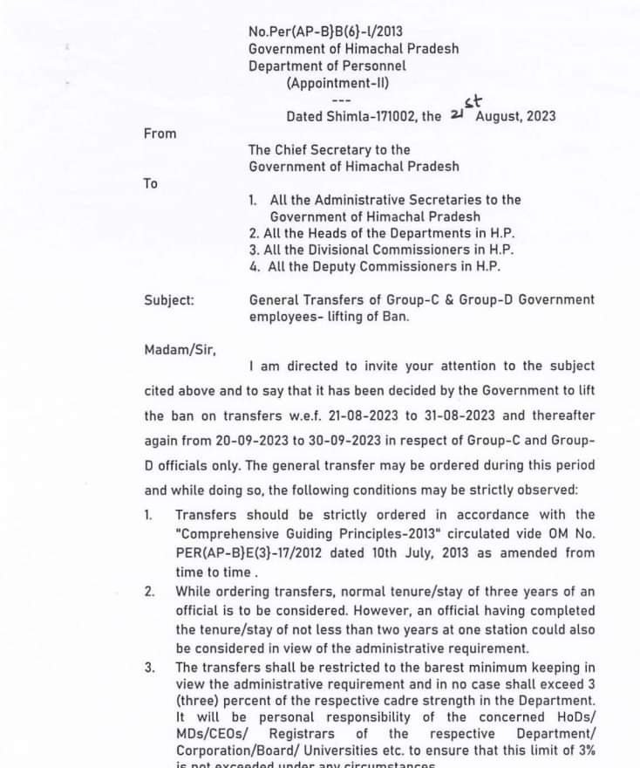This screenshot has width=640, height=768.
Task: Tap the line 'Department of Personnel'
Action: [327, 65]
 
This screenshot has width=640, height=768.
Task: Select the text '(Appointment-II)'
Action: [337, 83]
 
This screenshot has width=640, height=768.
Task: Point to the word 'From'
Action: [160, 134]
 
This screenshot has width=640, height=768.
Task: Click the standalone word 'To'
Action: [151, 183]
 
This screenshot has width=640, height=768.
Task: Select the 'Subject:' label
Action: [169, 299]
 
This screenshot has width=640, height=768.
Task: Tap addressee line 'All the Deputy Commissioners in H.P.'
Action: [384, 267]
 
